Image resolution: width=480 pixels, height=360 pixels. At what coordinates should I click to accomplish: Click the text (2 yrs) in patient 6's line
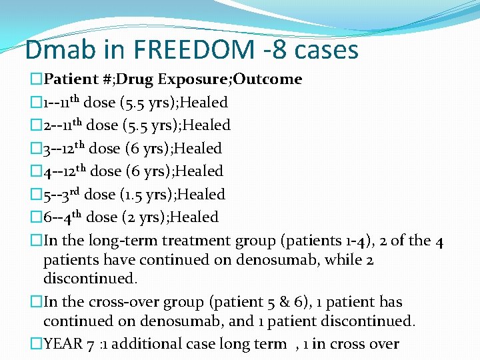(x=138, y=217)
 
